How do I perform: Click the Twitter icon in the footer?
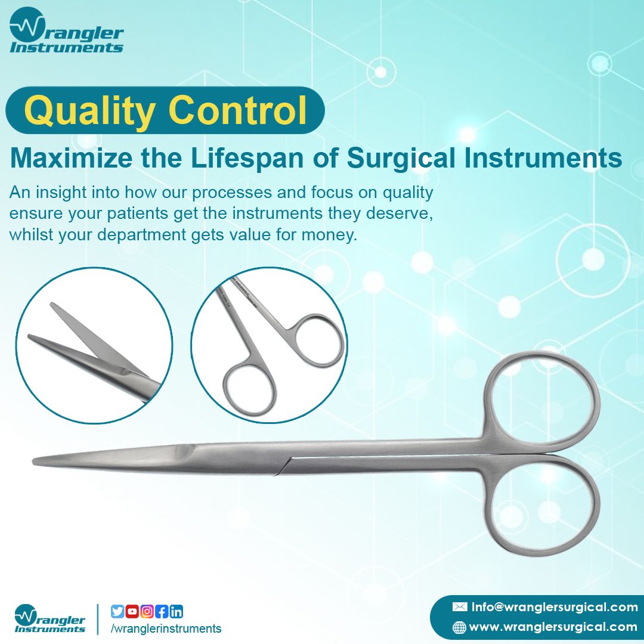click(117, 612)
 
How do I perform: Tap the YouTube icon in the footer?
click(132, 612)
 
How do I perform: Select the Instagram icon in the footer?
click(147, 612)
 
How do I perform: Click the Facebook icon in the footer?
click(162, 612)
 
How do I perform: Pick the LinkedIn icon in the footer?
click(177, 612)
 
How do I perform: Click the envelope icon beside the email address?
click(460, 606)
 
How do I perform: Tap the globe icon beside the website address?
click(459, 627)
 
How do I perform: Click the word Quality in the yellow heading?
click(89, 112)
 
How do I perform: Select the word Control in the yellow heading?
click(237, 110)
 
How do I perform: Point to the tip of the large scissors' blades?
click(33, 460)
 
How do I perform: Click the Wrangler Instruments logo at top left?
click(66, 31)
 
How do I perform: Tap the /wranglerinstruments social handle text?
click(166, 628)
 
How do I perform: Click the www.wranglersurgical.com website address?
click(553, 627)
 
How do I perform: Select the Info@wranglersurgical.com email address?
click(555, 607)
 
